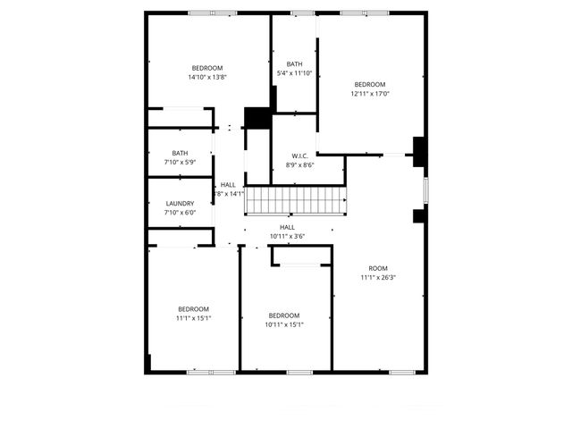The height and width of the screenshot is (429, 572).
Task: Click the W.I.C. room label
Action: click(x=300, y=155)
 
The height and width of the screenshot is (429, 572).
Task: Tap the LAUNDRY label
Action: click(x=180, y=203)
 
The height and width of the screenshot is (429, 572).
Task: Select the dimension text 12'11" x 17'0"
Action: click(x=369, y=94)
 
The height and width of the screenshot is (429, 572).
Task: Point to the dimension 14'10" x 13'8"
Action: click(x=206, y=77)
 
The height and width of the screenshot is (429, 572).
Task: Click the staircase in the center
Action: click(x=295, y=200)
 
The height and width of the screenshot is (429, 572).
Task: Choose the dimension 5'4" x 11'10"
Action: click(x=295, y=73)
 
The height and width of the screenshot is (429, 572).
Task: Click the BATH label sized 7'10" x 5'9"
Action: click(x=180, y=153)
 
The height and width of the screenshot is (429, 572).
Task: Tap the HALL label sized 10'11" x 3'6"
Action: click(x=287, y=227)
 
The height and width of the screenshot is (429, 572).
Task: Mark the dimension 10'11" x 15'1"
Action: click(x=284, y=324)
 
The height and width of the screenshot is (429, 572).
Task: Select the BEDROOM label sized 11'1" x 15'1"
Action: click(x=193, y=308)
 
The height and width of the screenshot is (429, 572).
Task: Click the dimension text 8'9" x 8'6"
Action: click(x=300, y=164)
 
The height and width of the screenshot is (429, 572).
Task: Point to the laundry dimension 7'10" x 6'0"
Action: click(x=180, y=213)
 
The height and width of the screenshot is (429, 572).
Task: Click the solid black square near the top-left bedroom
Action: click(x=257, y=118)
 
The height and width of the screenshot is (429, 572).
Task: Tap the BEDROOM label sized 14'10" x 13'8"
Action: click(x=206, y=68)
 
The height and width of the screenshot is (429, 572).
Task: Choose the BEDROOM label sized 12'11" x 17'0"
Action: click(x=369, y=85)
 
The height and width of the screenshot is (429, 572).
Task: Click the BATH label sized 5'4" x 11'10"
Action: click(x=295, y=63)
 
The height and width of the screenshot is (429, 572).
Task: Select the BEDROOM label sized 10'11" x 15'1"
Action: click(x=284, y=315)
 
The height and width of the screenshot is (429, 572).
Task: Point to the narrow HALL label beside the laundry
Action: click(x=228, y=184)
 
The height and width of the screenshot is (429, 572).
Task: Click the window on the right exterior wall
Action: click(x=425, y=189)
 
